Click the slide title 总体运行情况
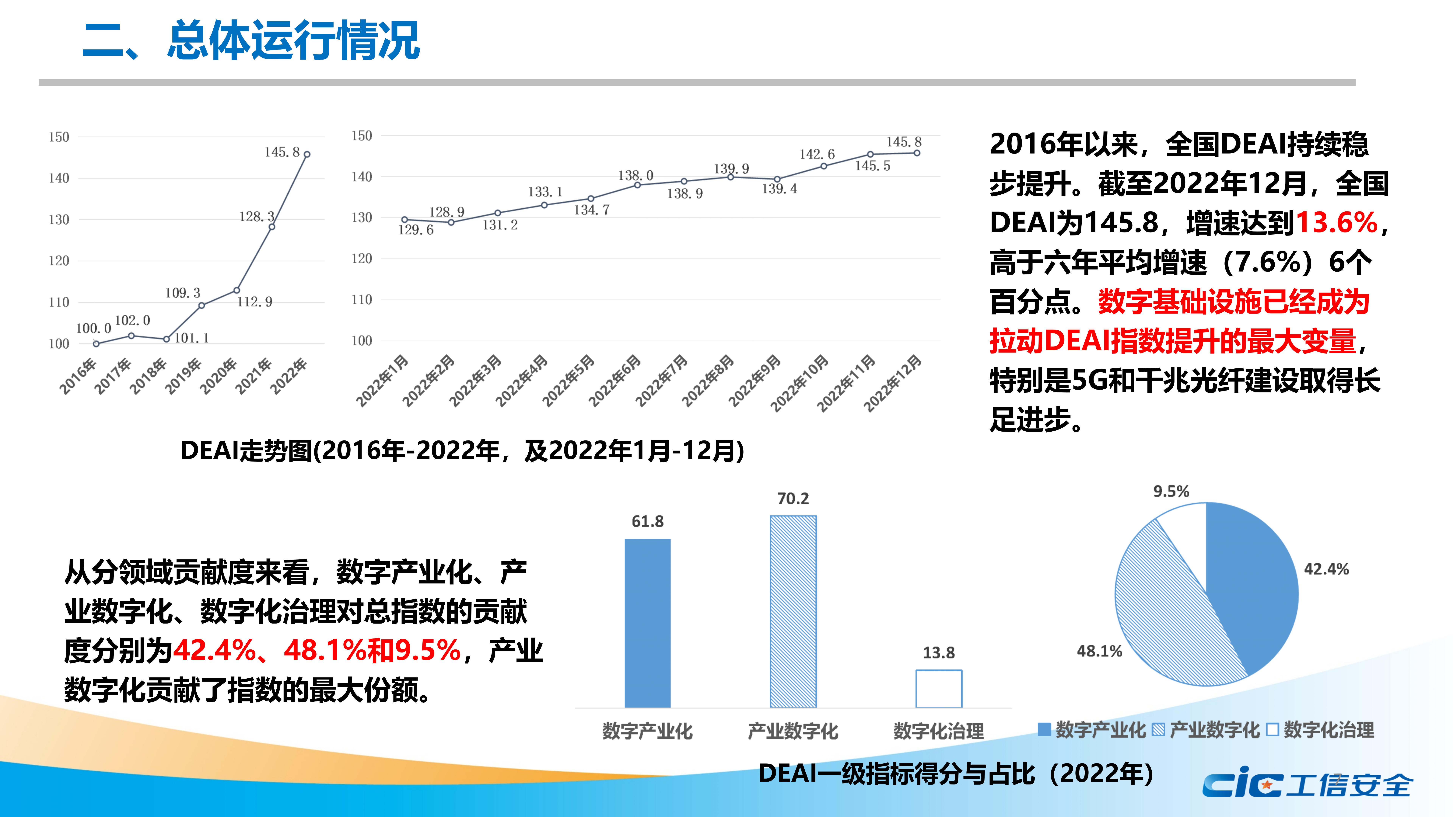tap(293, 41)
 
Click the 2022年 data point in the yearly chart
tap(307, 154)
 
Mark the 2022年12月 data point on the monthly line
tap(917, 153)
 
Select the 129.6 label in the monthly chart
tap(416, 230)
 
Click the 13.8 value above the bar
tap(939, 653)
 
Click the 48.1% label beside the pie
tap(1099, 651)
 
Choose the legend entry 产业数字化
tap(1207, 730)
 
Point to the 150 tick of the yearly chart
tap(59, 137)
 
